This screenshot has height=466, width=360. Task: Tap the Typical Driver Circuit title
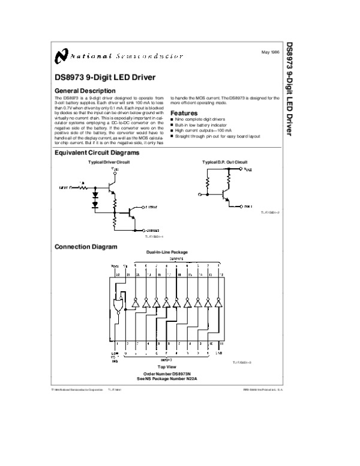click(x=109, y=163)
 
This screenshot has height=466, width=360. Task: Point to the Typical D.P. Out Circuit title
click(x=224, y=163)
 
